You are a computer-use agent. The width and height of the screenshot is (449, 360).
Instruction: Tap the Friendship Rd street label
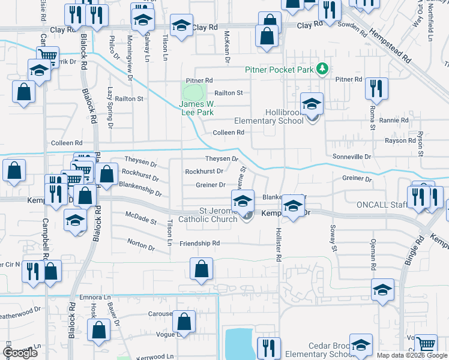pyautogui.click(x=200, y=244)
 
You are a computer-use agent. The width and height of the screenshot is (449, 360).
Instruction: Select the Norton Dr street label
pyautogui.click(x=141, y=242)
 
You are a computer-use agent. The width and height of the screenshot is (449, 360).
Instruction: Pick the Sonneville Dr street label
pyautogui.click(x=352, y=157)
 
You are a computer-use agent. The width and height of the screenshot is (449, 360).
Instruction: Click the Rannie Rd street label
pyautogui.click(x=394, y=120)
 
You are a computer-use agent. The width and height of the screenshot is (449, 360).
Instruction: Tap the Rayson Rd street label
pyautogui.click(x=400, y=140)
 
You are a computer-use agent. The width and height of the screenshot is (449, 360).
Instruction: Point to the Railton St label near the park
pyautogui.click(x=229, y=92)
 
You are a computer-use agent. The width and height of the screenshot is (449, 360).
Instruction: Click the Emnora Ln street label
pyautogui.click(x=95, y=297)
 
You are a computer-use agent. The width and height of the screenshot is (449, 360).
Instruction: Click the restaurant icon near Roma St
pyautogui.click(x=376, y=89)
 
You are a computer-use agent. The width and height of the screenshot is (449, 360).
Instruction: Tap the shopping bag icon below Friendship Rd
pyautogui.click(x=202, y=269)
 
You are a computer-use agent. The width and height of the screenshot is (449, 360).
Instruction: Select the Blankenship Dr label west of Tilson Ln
pyautogui.click(x=140, y=190)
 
